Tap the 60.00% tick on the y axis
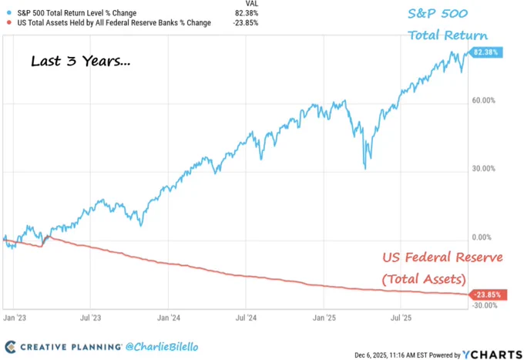[484, 101]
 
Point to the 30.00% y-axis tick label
[484, 169]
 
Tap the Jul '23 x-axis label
[91, 317]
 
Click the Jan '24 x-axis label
[169, 317]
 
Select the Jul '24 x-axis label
[247, 317]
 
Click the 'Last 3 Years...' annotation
[80, 62]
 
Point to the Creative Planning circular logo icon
[11, 347]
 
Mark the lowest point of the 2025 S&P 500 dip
[364, 168]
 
